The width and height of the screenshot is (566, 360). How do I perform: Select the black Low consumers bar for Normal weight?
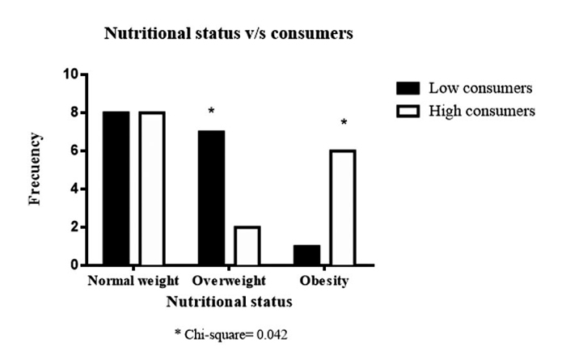click(116, 188)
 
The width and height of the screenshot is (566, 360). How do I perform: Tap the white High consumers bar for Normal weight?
click(151, 188)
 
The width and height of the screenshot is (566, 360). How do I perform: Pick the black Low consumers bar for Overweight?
click(211, 198)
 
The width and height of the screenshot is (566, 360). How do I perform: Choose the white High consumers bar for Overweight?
click(247, 246)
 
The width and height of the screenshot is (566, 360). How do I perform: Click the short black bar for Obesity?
click(306, 256)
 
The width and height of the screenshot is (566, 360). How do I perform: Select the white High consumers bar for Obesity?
click(342, 208)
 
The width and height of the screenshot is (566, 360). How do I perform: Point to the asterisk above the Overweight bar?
click(211, 111)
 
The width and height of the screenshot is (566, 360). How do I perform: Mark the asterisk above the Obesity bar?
click(344, 123)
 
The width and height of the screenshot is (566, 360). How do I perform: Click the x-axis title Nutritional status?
click(229, 301)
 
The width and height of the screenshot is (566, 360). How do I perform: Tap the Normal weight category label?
click(133, 282)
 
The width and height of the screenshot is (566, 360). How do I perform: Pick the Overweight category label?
click(229, 282)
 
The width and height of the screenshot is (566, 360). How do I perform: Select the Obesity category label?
click(324, 282)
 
